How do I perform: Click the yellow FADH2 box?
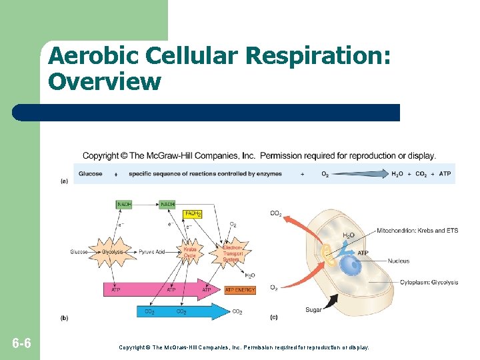click(x=193, y=213)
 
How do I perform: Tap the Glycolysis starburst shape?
click(x=113, y=252)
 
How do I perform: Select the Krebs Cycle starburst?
click(x=190, y=253)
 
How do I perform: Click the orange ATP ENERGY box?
click(x=239, y=290)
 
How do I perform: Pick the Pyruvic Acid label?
click(x=152, y=252)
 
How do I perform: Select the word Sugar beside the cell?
click(x=313, y=309)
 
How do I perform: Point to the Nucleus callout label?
click(x=398, y=261)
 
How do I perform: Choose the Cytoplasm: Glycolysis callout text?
click(x=429, y=282)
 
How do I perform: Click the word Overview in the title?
click(x=105, y=81)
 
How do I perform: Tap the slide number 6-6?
click(x=21, y=344)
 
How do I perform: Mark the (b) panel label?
click(x=64, y=318)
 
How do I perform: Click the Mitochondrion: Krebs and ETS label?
click(x=417, y=231)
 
